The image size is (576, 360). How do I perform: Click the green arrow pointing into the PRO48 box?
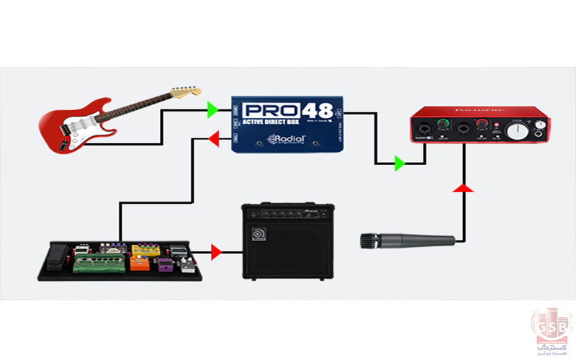(x=212, y=110)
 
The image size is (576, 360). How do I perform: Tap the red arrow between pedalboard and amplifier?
(x=216, y=252)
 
